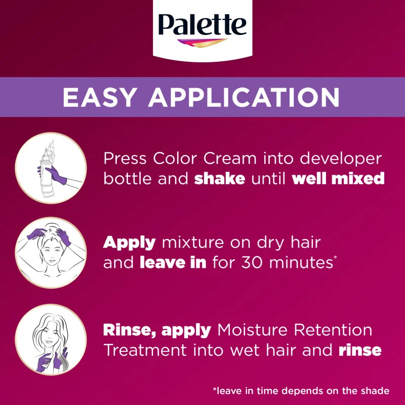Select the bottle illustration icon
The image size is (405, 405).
[51, 169]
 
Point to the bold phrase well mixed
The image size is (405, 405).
[338, 179]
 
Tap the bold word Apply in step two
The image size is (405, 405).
[130, 243]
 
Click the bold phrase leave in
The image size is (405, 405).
[173, 263]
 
